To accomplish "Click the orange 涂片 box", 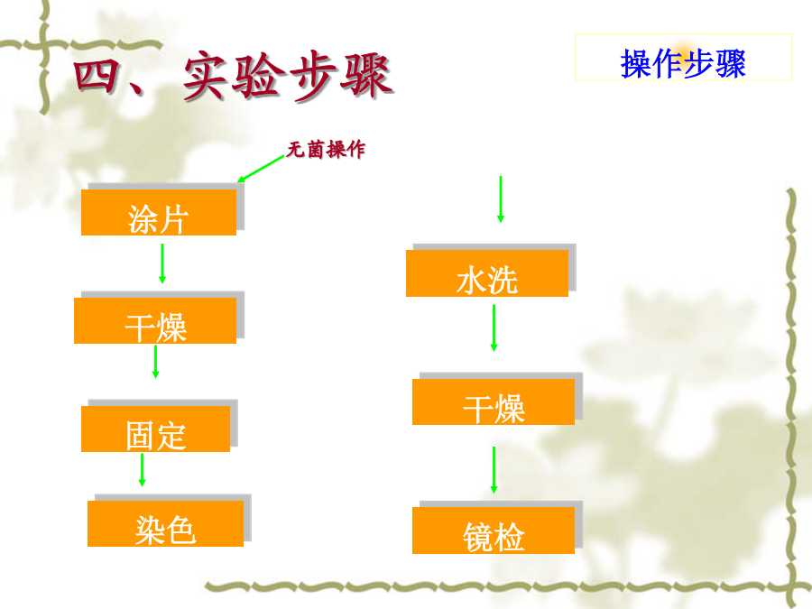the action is (x=159, y=212).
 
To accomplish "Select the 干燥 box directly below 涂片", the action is (x=155, y=320).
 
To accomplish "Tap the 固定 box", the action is (x=156, y=429).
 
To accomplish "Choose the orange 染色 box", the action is (x=166, y=523).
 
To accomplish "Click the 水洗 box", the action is (x=487, y=273).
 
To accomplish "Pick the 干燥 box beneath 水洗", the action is (x=494, y=401).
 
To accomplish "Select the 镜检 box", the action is (x=494, y=531).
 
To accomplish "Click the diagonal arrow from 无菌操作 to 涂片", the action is (x=261, y=169).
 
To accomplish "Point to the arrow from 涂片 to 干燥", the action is (x=162, y=263).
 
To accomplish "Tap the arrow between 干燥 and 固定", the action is (x=155, y=362).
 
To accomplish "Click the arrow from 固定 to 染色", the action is (x=142, y=470).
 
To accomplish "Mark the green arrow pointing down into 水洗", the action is (x=500, y=199).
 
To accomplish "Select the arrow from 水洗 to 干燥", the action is (x=494, y=328).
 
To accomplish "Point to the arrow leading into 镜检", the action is (x=494, y=470).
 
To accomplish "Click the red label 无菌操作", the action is (x=326, y=150).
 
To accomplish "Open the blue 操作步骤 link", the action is (x=683, y=64).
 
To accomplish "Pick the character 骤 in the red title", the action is (x=366, y=76).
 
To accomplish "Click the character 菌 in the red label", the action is (x=316, y=150).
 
